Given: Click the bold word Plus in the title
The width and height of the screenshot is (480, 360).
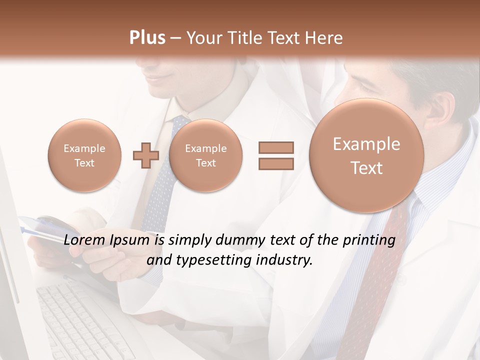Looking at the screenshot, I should (x=147, y=38).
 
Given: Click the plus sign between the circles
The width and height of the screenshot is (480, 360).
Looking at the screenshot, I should (x=146, y=155).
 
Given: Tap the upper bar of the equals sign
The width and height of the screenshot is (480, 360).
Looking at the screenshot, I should (x=275, y=147).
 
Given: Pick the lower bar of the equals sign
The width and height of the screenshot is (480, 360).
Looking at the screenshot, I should (x=275, y=163).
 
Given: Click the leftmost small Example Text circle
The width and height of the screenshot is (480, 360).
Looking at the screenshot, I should (x=84, y=155).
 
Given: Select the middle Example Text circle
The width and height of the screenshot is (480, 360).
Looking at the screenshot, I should (x=205, y=155).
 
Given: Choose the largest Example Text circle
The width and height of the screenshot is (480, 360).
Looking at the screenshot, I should (x=366, y=155).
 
